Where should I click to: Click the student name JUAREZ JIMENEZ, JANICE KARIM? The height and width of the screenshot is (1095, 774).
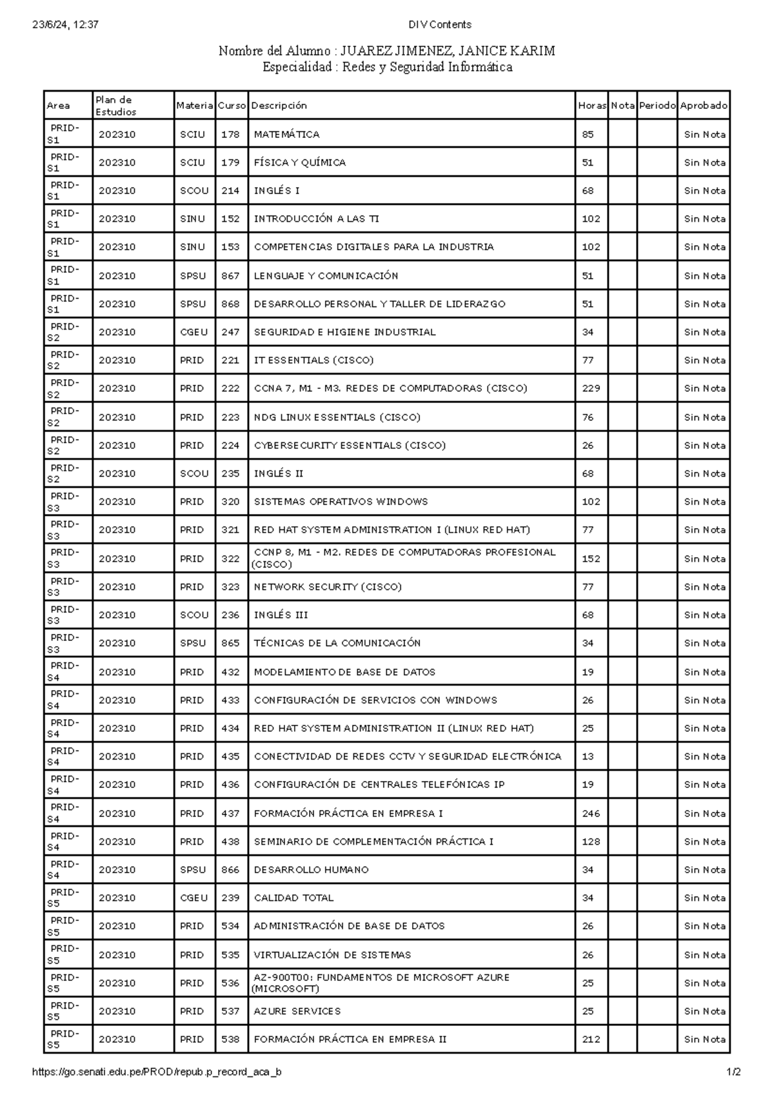(x=448, y=51)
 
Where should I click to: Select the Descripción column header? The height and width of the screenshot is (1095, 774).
(x=279, y=105)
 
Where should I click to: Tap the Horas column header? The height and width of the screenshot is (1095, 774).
(x=591, y=105)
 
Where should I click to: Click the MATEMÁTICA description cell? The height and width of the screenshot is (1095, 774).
(x=286, y=134)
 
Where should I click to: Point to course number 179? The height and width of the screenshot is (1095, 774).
(x=230, y=163)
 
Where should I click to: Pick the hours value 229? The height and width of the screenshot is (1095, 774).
(x=590, y=388)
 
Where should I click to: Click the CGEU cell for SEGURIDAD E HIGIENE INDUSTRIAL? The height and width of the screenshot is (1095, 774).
(x=193, y=332)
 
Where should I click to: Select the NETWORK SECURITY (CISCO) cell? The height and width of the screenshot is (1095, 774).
(x=327, y=587)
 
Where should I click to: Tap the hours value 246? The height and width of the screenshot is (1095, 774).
(x=590, y=813)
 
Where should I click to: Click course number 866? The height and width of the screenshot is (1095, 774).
(x=230, y=869)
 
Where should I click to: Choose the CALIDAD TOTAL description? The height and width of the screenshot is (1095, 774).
(x=293, y=898)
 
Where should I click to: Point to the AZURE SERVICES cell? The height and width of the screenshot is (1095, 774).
(x=297, y=1011)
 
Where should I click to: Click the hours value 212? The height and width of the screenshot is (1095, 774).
(x=590, y=1039)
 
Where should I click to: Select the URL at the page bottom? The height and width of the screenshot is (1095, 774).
(x=157, y=1072)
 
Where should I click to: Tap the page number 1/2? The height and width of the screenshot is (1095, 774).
(x=733, y=1072)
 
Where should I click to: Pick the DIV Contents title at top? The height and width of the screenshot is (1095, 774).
(x=440, y=25)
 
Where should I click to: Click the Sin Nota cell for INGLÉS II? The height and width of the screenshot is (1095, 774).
(x=704, y=473)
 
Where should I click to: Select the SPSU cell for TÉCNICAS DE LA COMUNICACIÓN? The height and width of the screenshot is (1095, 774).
(x=193, y=643)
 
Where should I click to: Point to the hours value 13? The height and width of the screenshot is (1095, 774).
(x=587, y=756)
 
